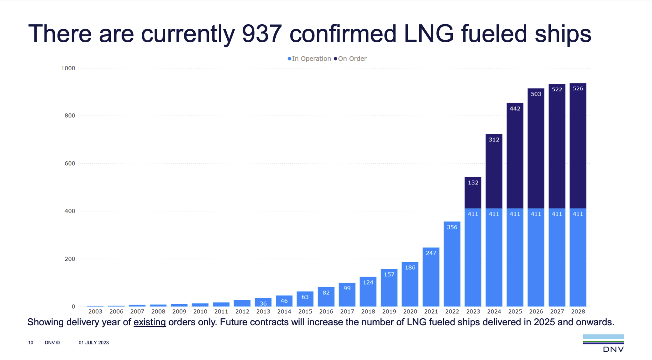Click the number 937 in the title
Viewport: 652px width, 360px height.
point(262,34)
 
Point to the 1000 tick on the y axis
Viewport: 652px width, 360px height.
point(68,68)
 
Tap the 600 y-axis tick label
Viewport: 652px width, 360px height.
point(70,163)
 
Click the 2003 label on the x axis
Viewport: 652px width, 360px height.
point(95,311)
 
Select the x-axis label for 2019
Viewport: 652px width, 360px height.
point(389,311)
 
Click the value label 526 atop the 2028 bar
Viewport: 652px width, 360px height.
point(578,88)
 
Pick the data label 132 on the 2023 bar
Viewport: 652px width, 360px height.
point(473,182)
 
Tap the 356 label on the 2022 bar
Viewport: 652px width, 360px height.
point(452,227)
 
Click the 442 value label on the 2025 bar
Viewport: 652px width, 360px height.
point(515,109)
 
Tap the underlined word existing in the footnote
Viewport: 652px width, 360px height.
point(150,322)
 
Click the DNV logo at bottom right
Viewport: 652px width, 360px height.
point(603,343)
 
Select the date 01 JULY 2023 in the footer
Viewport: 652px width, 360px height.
point(94,342)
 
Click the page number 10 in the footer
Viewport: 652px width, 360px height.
point(31,342)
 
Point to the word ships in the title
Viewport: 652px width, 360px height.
point(563,34)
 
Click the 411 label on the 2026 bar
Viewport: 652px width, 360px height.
point(536,214)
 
